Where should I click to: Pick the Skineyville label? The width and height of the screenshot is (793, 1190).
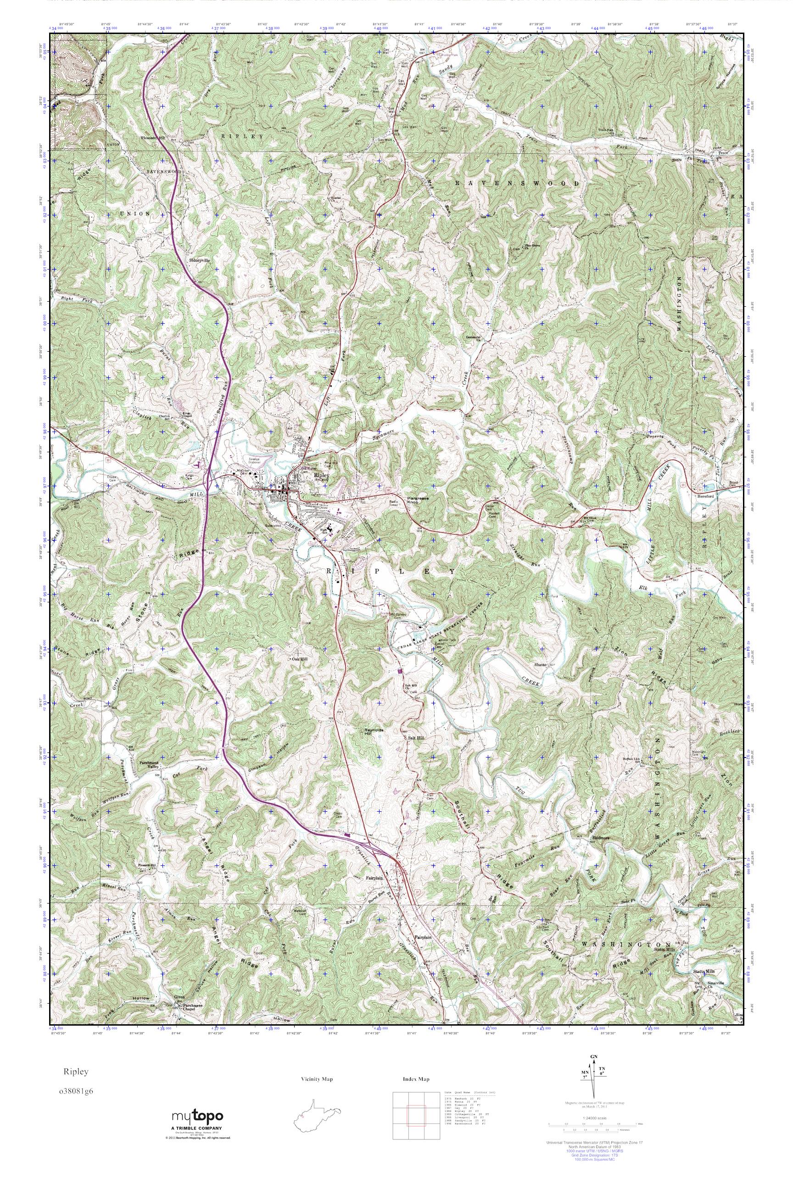click(x=202, y=260)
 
